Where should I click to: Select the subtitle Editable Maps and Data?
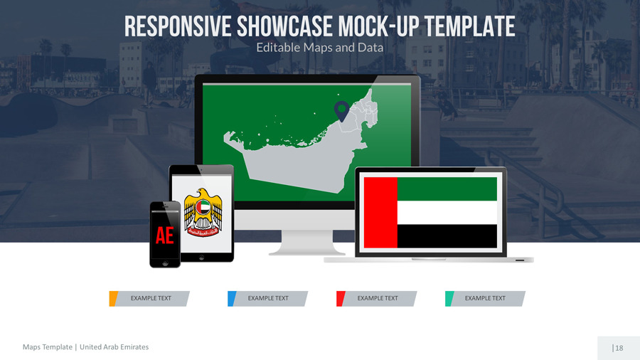point(319,48)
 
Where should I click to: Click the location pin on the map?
point(341,110)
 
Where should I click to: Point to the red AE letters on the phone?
point(164,235)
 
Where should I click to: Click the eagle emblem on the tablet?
point(203,213)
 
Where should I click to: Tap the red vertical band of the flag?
point(380,213)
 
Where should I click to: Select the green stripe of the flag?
point(447,189)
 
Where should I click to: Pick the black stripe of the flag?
point(447,236)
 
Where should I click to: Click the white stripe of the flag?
point(447,213)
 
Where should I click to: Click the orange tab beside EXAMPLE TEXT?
point(112,299)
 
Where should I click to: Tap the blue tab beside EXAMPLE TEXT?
point(231,299)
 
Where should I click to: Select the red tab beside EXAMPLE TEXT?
point(340,299)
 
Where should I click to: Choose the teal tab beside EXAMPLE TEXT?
point(448,299)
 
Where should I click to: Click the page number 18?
point(619,348)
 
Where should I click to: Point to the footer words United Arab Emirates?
point(114,347)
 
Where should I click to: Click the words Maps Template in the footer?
point(47,347)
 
